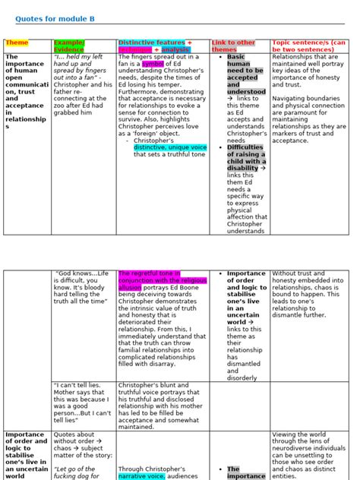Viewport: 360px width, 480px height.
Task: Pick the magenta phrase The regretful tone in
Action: point(149,273)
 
